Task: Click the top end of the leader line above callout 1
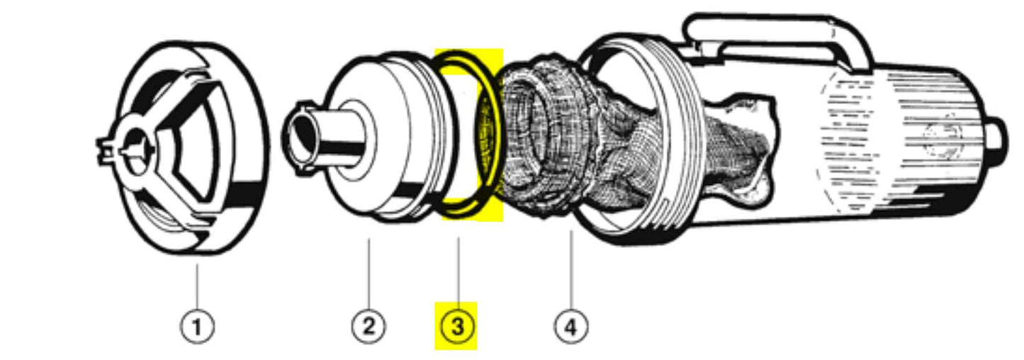tap(198, 264)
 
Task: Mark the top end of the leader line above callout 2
tap(368, 239)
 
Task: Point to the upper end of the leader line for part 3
tap(458, 237)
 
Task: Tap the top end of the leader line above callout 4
tap(571, 230)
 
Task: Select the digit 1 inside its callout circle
tap(197, 327)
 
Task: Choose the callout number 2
tap(368, 327)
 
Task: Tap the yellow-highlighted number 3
tap(458, 327)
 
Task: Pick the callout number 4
tap(571, 327)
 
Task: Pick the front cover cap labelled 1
tap(183, 147)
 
